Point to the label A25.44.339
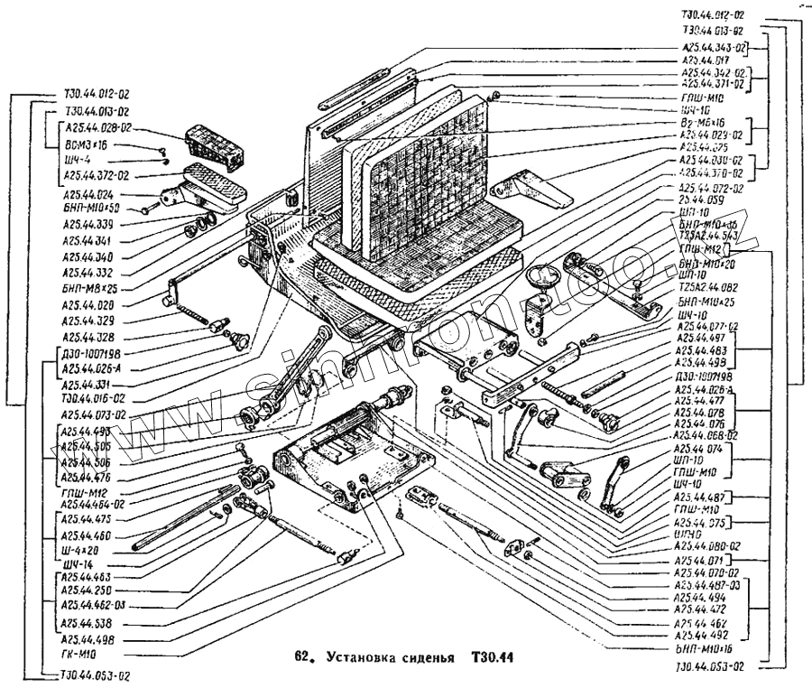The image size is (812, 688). [x=88, y=224]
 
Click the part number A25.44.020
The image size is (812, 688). [x=88, y=304]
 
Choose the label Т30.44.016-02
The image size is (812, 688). [x=94, y=398]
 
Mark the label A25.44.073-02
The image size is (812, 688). [x=94, y=414]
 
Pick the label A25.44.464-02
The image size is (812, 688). [x=94, y=504]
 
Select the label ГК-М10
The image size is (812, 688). [x=79, y=653]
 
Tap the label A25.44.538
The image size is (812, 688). [x=88, y=624]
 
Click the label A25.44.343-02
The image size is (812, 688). [x=714, y=47]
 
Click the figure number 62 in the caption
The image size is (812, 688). [x=303, y=656]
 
